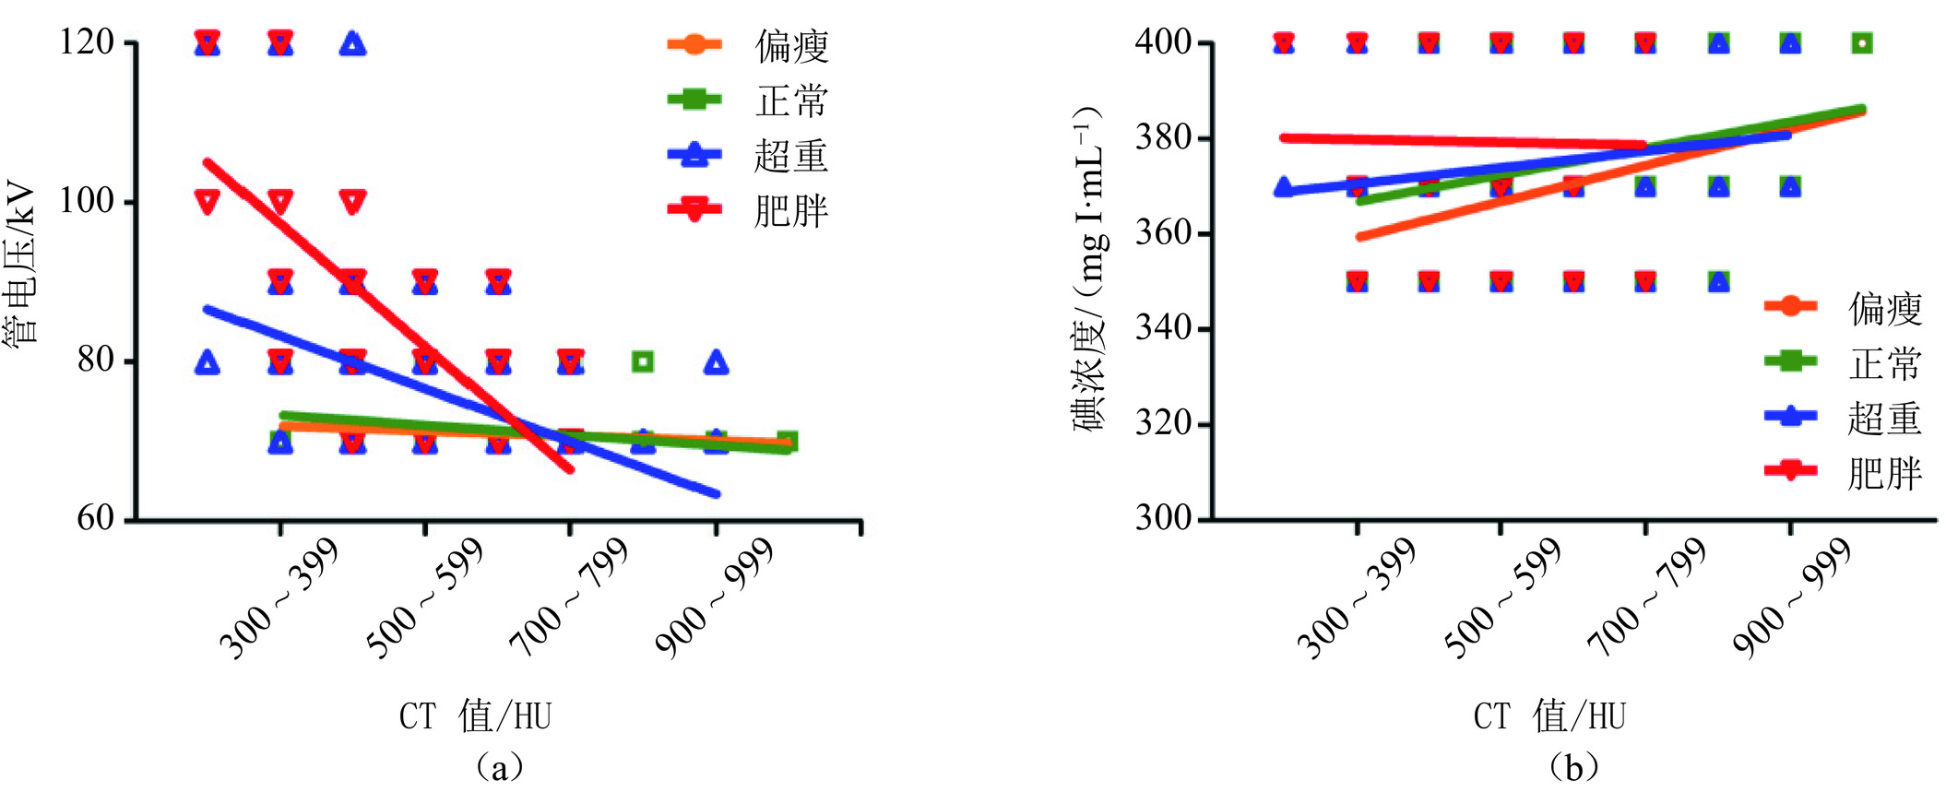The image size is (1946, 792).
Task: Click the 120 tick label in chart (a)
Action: (x=86, y=42)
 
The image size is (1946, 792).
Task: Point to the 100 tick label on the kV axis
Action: (x=86, y=201)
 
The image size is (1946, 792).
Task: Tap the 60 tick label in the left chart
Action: (x=95, y=518)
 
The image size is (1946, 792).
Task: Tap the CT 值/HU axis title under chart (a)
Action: (x=475, y=716)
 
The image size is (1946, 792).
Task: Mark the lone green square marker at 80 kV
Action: (x=643, y=361)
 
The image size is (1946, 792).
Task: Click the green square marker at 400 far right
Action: (x=1862, y=43)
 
